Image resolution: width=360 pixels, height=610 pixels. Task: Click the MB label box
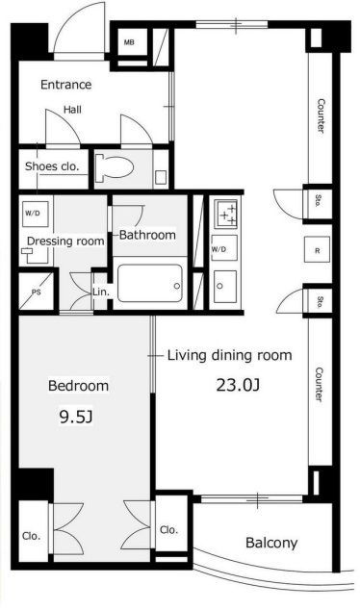(x=129, y=42)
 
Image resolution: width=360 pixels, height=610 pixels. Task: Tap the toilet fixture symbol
(x=114, y=167)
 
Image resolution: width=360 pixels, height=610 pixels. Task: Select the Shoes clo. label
(x=52, y=166)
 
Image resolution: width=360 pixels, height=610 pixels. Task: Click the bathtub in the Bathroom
(x=150, y=283)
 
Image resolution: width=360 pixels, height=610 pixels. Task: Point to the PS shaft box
(x=37, y=292)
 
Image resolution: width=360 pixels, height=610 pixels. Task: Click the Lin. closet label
(x=101, y=292)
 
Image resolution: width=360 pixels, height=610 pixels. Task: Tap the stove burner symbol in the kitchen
(x=225, y=214)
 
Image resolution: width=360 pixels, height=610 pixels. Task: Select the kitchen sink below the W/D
(x=225, y=287)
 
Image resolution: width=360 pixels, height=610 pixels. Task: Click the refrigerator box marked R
(x=318, y=250)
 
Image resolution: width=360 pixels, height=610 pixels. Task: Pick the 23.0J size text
(x=238, y=385)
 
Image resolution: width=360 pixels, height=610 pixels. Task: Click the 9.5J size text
(x=76, y=417)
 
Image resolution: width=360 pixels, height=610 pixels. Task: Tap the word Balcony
(x=271, y=543)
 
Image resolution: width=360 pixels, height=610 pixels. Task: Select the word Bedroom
(x=78, y=386)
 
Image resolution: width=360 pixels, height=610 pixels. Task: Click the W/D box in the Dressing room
(x=35, y=214)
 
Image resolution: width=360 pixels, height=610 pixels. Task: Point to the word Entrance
(x=65, y=85)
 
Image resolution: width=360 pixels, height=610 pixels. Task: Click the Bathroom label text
(x=147, y=235)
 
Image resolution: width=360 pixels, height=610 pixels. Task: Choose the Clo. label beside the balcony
(x=168, y=529)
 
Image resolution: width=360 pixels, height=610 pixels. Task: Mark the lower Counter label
(x=320, y=384)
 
